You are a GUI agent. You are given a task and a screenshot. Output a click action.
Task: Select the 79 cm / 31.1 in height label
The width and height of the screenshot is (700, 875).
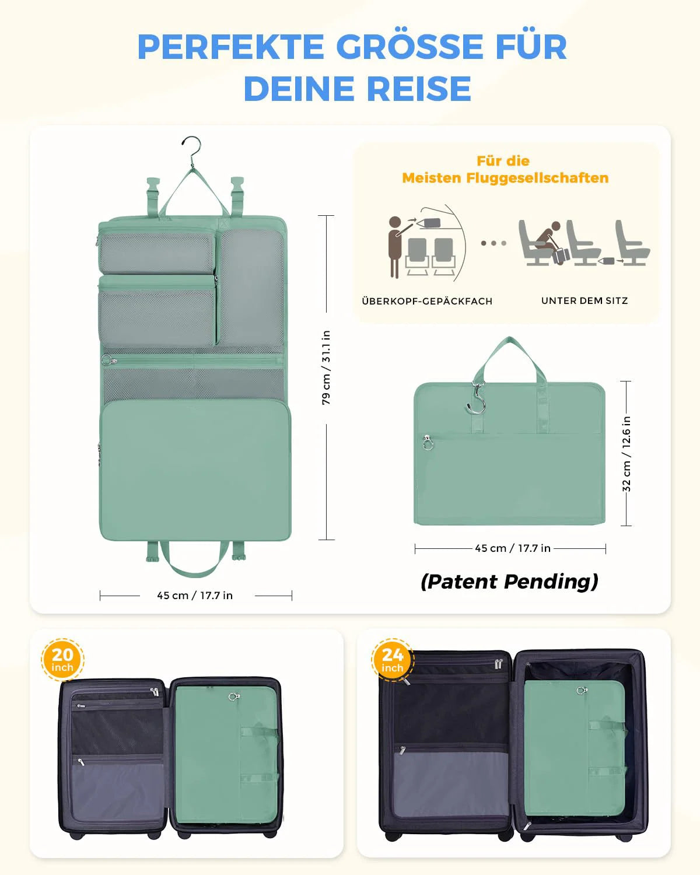tap(326, 367)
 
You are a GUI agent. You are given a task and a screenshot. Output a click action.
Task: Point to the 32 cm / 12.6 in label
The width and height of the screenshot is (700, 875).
tap(626, 453)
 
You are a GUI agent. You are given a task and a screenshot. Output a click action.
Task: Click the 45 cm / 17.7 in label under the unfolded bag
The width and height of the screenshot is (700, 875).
tap(195, 595)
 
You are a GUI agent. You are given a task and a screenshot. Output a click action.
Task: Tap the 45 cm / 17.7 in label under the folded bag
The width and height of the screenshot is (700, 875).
tap(513, 548)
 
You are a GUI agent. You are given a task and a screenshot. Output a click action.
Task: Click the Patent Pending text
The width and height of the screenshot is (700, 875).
tap(509, 582)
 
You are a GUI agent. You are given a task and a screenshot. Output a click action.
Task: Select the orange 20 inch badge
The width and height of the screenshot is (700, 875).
tap(62, 660)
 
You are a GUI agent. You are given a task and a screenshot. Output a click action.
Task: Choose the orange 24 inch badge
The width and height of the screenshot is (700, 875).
tap(393, 660)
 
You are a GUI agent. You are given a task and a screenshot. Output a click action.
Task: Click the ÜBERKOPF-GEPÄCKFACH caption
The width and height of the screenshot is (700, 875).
tap(427, 301)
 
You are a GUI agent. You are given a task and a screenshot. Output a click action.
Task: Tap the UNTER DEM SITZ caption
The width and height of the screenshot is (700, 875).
tap(584, 301)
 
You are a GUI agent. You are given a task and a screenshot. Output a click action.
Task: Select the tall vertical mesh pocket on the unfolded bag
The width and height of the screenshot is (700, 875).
tap(251, 287)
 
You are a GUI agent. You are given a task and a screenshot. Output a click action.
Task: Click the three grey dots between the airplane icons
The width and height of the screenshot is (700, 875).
tap(494, 243)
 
